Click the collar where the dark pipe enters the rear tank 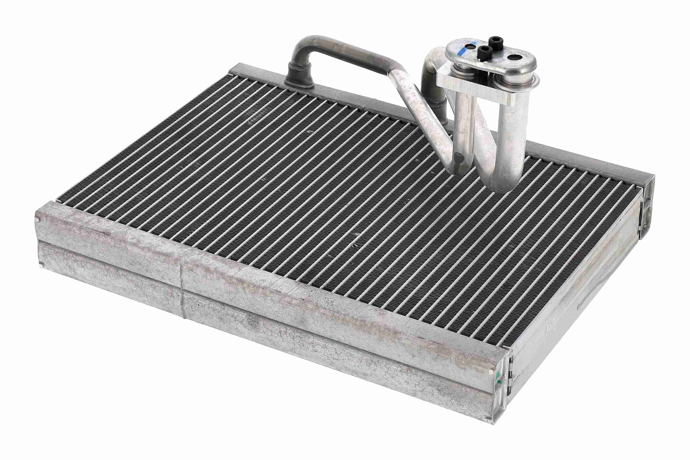tap(298, 78)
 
